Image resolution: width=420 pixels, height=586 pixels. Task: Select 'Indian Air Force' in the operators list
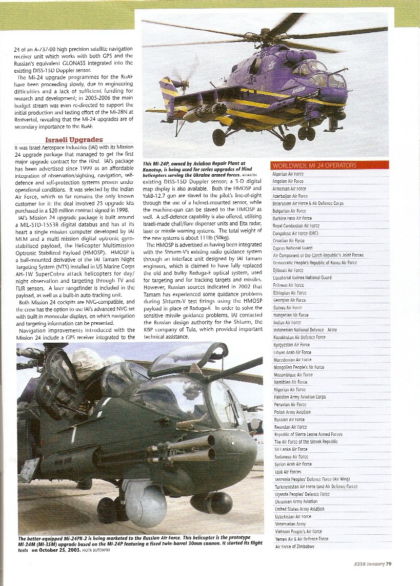287,323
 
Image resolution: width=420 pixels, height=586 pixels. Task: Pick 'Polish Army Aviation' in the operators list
292,412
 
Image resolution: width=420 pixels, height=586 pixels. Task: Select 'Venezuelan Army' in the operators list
290,524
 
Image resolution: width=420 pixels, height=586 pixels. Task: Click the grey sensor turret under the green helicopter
147,501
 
